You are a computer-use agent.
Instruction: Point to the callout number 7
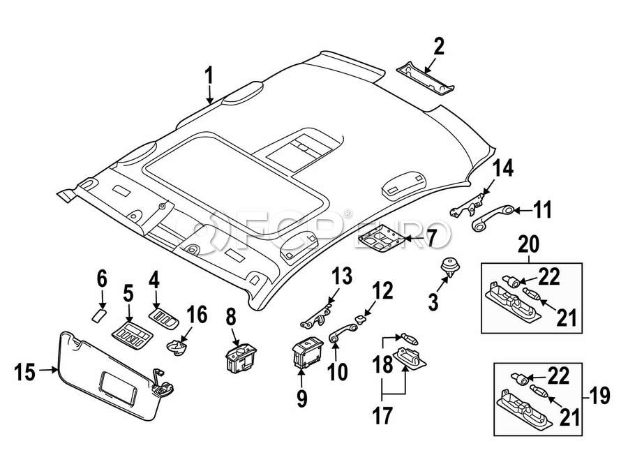431,239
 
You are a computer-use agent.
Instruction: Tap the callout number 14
503,169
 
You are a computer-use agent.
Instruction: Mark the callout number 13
341,276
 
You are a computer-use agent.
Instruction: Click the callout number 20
530,246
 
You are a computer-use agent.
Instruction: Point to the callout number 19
599,396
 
